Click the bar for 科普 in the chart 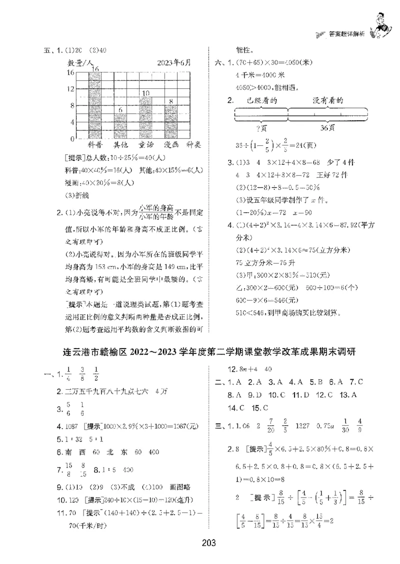tap(94, 105)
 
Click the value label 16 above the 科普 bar tap(94, 68)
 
